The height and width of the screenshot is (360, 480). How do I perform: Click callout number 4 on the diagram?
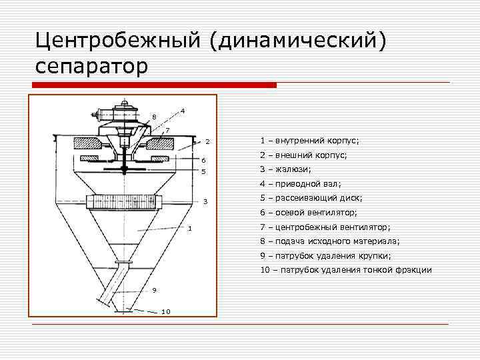point(183,110)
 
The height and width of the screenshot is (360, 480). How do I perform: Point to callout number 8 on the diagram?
point(154,117)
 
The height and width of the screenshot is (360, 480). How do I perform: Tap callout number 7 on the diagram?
point(167,129)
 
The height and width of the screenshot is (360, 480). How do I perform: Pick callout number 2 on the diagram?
point(207,142)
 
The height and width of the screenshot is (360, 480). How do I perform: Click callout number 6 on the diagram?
point(204,161)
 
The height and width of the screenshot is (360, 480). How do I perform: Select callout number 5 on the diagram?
point(204,172)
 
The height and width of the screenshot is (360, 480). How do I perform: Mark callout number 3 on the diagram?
point(206,201)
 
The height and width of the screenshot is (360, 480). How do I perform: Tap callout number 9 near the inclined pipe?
point(154,289)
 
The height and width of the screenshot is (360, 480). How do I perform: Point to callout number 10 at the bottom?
point(166,312)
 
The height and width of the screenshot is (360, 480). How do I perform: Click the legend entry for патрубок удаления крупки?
point(325,255)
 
